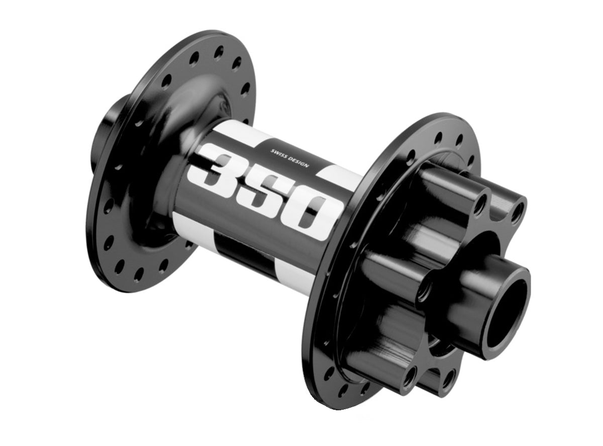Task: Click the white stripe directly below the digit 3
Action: point(193,224)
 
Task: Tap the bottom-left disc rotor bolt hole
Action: point(410,375)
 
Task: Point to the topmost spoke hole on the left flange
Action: point(219,50)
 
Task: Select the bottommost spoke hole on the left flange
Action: point(139,274)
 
